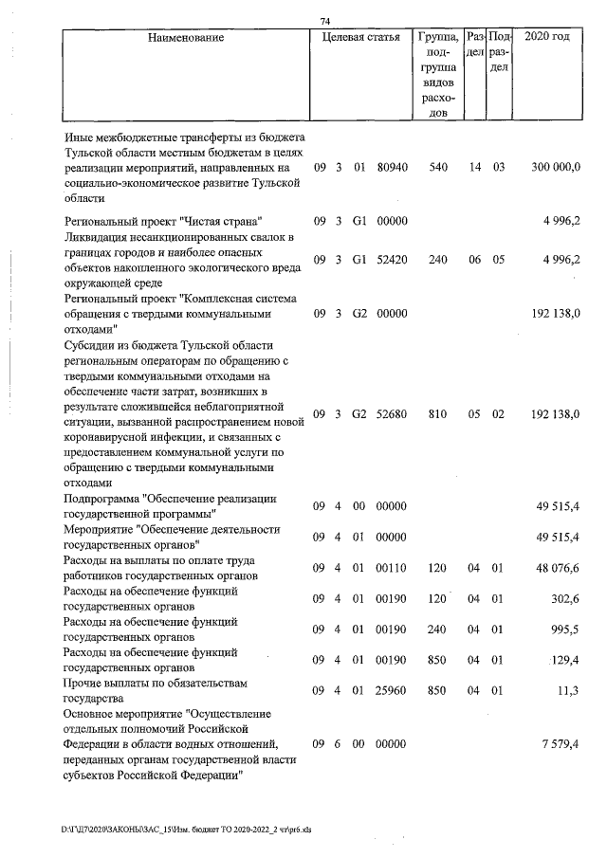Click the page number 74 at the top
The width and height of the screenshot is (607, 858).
(325, 21)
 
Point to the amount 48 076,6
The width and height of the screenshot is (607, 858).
(557, 568)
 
